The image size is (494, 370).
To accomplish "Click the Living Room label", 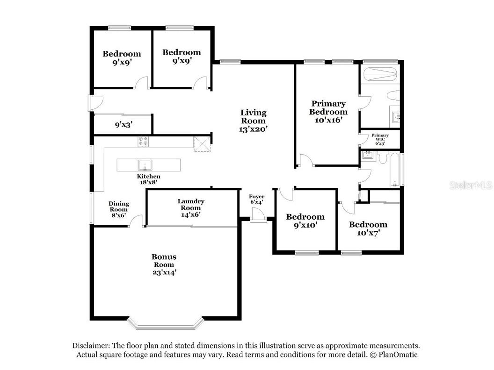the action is [253, 117].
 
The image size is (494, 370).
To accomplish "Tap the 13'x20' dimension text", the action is [253, 128].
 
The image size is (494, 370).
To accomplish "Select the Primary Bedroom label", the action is [328, 107].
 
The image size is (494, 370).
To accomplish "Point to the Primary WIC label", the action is [380, 137].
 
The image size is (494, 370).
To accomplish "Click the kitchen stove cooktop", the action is [143, 142].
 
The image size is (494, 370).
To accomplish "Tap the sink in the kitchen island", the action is [145, 165].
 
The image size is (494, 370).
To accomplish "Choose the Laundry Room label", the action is [191, 205].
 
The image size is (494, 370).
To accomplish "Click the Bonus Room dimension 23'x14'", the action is [164, 272].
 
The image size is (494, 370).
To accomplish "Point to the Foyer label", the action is [257, 196].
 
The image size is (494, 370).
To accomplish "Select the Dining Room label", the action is [119, 206].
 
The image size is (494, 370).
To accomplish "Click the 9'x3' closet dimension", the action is [123, 125].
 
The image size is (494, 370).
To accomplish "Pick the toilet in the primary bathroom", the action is [393, 95].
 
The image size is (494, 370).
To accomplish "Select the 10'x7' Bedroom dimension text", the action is [368, 233].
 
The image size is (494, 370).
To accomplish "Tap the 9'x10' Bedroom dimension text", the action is [305, 225].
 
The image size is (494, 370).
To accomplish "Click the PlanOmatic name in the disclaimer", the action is [398, 355].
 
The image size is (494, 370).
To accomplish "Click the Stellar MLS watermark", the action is [471, 185].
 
